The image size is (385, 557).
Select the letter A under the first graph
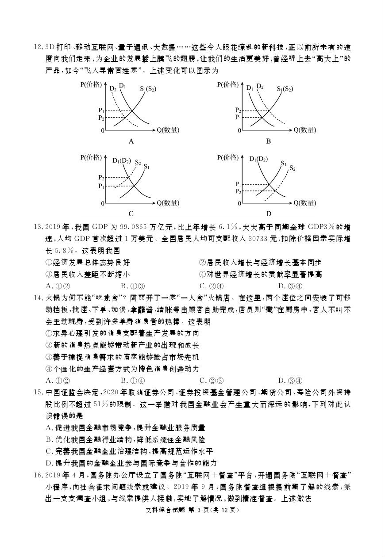click(x=131, y=141)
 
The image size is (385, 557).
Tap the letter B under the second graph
click(x=268, y=141)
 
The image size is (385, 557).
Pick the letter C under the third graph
click(x=131, y=214)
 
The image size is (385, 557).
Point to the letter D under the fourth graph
click(x=268, y=214)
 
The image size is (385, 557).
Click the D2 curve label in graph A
click(x=113, y=88)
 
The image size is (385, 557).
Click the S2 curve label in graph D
click(x=292, y=168)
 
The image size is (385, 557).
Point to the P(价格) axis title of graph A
click(x=92, y=84)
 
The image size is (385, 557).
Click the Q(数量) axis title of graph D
click(x=305, y=203)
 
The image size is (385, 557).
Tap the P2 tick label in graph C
click(x=101, y=177)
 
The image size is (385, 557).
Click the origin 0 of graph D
click(x=239, y=203)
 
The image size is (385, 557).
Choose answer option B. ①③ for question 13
click(x=133, y=286)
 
